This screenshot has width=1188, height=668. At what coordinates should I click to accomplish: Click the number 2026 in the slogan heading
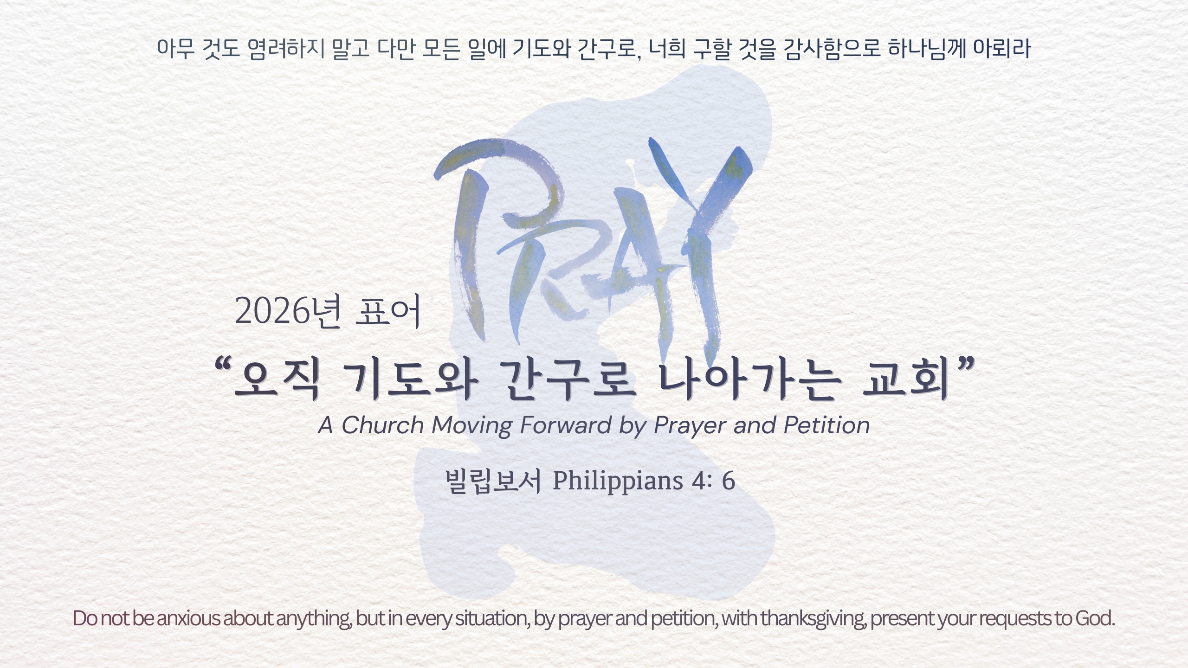click(x=272, y=311)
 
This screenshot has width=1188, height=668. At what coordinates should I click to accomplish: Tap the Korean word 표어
click(x=387, y=311)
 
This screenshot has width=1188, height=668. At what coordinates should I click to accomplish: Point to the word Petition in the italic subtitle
click(x=826, y=425)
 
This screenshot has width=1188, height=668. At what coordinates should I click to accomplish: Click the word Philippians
click(x=617, y=481)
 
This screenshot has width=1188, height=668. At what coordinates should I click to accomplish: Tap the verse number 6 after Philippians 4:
click(x=728, y=481)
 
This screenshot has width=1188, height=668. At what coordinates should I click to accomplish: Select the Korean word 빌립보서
click(x=493, y=481)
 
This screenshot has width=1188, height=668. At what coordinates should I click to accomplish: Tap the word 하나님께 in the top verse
click(x=926, y=49)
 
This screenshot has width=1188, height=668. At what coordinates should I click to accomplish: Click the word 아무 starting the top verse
click(x=176, y=49)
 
